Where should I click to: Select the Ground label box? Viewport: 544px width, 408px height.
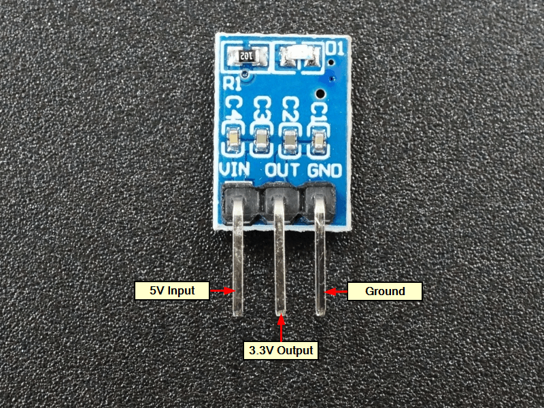(x=385, y=291)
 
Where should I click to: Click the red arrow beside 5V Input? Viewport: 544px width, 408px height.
(x=219, y=290)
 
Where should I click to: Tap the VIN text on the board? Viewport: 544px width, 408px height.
(x=234, y=169)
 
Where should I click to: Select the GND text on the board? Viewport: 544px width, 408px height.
(x=324, y=169)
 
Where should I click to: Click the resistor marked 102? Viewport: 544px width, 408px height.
(x=243, y=54)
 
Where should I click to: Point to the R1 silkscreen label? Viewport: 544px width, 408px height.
(x=232, y=84)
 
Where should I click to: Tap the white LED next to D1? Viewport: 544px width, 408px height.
(x=299, y=55)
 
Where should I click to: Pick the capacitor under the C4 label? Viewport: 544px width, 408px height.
(x=233, y=141)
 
